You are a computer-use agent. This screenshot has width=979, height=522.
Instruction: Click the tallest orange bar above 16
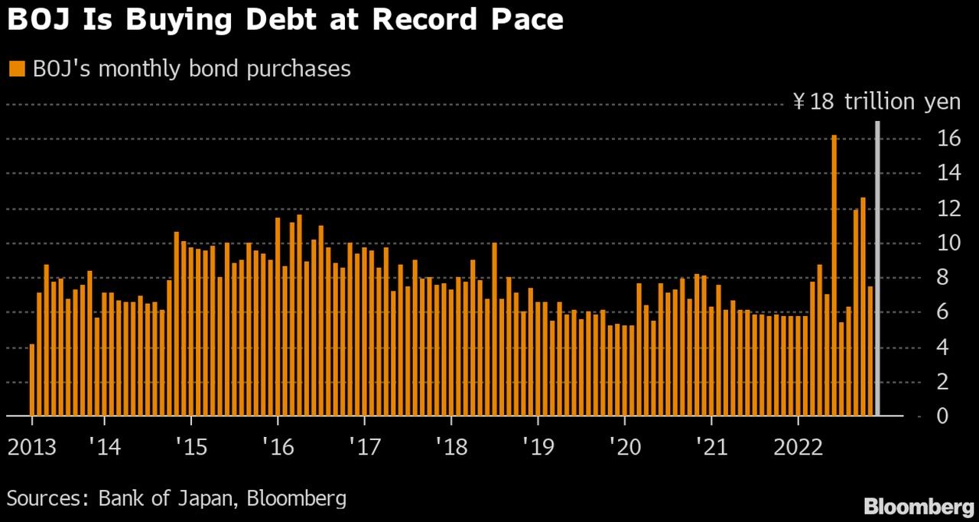click(834, 276)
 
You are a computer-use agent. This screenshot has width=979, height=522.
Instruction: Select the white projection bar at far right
click(877, 268)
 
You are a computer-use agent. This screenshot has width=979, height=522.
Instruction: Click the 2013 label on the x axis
click(32, 447)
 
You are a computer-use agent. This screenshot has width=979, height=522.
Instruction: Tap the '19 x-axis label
click(538, 447)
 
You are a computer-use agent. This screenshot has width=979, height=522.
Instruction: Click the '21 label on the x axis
click(711, 447)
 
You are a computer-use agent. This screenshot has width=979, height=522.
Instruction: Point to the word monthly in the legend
click(128, 69)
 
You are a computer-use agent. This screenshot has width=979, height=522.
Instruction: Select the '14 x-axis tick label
click(102, 447)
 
